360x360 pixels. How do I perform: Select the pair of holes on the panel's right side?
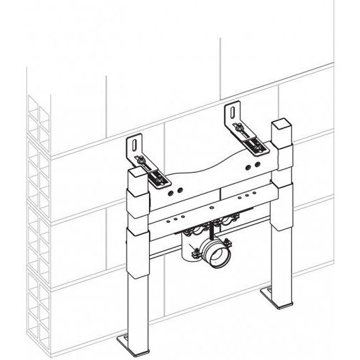(244, 165)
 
